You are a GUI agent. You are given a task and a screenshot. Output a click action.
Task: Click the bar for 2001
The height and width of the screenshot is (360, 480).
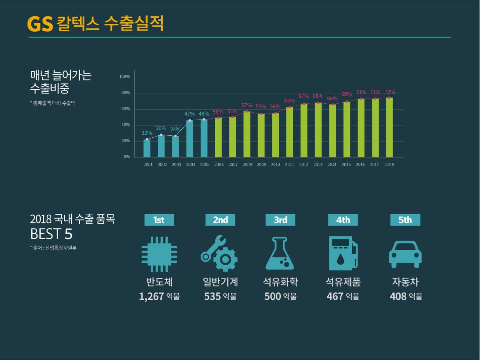(147, 148)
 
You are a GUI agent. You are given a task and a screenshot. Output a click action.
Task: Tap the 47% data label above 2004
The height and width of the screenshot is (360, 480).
(189, 114)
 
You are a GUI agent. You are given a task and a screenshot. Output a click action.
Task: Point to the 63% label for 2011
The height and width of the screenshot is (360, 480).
(289, 101)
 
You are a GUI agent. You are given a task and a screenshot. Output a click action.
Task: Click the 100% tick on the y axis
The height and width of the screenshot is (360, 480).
(124, 77)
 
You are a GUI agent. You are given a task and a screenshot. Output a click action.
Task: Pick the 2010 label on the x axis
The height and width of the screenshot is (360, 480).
(275, 164)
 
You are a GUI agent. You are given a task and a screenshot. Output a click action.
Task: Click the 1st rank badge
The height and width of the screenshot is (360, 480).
(159, 220)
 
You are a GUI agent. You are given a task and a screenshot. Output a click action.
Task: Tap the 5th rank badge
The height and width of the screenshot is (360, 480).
(405, 220)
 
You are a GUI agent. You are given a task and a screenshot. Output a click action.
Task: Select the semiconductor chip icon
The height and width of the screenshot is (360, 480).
(159, 254)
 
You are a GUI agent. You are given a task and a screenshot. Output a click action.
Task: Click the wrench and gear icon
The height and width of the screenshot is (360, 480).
(220, 254)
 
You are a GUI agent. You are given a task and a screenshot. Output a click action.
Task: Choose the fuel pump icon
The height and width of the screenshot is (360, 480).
(343, 253)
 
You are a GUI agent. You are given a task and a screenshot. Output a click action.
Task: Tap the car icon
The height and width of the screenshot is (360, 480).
(405, 254)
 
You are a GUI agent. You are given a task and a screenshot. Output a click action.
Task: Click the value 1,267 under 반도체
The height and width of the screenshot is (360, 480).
(151, 296)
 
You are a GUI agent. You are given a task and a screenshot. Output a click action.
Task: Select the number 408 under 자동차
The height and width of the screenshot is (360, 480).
(398, 296)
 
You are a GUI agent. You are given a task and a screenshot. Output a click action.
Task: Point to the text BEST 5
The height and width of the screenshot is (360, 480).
(51, 234)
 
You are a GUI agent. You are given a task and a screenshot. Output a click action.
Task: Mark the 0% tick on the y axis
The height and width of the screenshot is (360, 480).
(127, 157)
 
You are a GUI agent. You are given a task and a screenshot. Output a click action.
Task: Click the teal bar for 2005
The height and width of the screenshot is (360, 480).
(204, 138)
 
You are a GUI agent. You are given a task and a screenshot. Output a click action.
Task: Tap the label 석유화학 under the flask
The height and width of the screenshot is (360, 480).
(280, 282)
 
